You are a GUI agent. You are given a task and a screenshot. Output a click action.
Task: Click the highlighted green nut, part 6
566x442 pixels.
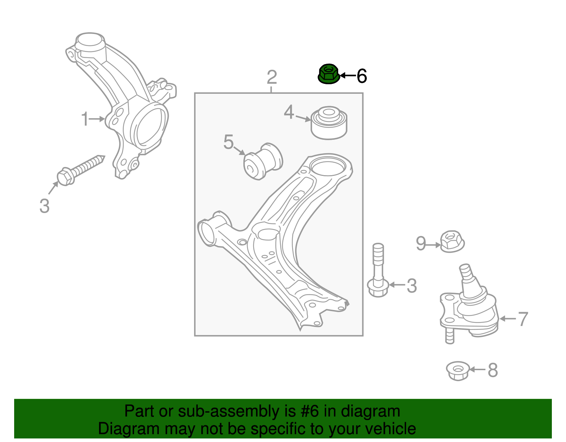tap(329, 74)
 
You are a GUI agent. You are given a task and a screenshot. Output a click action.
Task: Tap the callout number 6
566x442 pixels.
tap(362, 76)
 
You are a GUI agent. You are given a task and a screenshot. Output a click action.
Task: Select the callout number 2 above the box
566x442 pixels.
tap(271, 77)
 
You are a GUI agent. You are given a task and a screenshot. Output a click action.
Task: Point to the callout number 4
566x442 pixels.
tap(289, 113)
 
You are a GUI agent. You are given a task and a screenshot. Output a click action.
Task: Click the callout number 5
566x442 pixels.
tap(229, 142)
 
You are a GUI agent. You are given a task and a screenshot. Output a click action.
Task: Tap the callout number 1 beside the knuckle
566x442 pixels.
tap(85, 119)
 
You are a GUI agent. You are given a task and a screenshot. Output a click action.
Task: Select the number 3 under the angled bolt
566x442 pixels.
tap(44, 206)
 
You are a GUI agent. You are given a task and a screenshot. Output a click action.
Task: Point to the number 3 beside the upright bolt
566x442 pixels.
tap(411, 286)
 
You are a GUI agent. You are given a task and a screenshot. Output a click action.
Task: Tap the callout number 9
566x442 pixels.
tap(421, 243)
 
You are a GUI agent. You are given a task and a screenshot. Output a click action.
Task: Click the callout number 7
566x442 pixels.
tap(523, 319)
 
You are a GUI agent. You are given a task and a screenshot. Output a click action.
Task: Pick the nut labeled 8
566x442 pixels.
tap(458, 371)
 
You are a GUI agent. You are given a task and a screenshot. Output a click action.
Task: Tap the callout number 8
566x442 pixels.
tap(493, 371)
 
